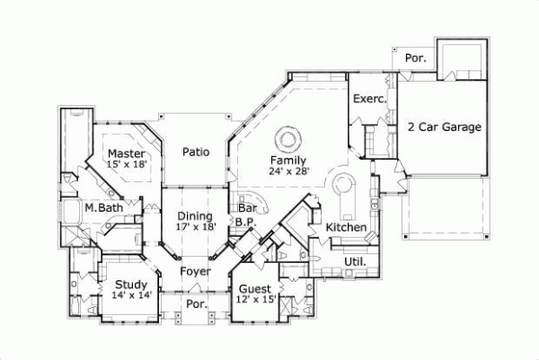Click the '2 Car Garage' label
coord(445,127)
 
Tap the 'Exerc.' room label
coord(367,99)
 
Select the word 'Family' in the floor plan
coord(287,160)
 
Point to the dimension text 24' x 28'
coord(287,171)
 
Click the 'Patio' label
coord(196,152)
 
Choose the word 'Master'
coord(125,153)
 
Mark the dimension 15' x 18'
coord(125,164)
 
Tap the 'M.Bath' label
coord(103,208)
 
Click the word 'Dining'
coord(195,216)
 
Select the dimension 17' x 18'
coord(195,228)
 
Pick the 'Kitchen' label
coord(345,227)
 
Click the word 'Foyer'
coord(195,269)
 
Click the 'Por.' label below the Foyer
coord(195,304)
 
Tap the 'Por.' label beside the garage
coord(416,58)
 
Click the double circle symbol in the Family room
coord(287,137)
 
